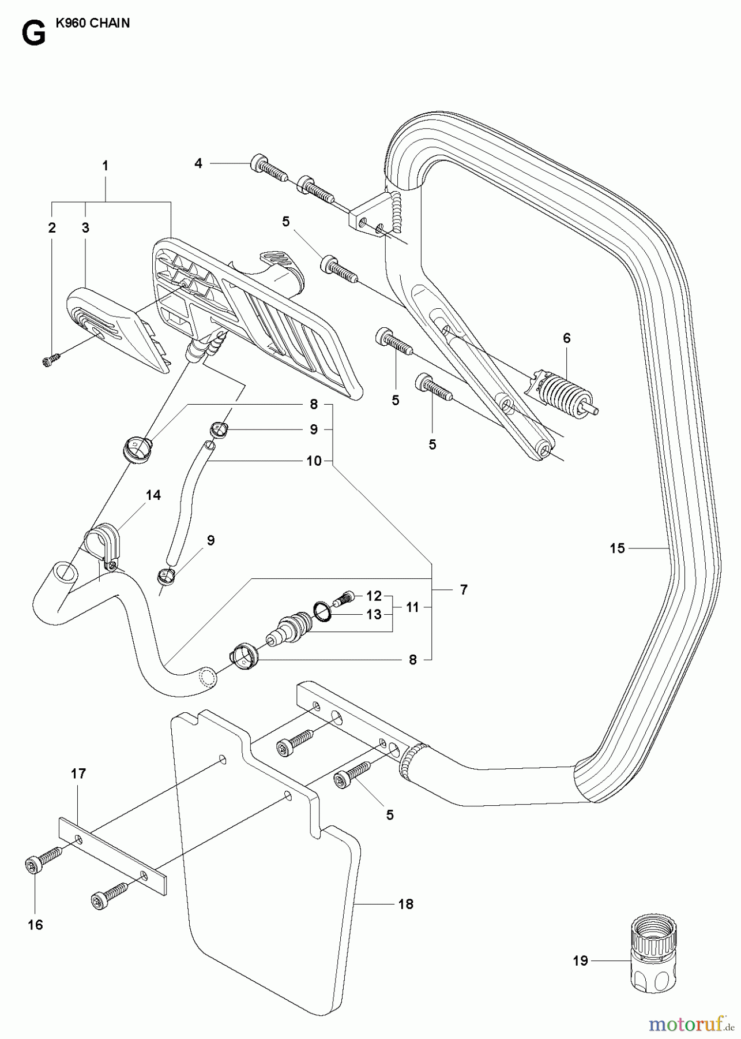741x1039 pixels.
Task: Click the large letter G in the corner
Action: [x=33, y=34]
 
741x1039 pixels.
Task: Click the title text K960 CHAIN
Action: [x=93, y=24]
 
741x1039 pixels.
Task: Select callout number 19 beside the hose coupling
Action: [x=580, y=961]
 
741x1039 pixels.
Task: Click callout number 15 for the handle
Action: [x=617, y=548]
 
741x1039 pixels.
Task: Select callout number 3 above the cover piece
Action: [x=85, y=228]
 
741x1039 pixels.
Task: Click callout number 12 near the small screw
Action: [x=374, y=595]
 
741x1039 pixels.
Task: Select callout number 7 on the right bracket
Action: [x=464, y=590]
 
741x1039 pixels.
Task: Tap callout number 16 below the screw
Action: [x=35, y=925]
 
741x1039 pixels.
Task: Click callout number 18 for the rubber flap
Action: [x=406, y=904]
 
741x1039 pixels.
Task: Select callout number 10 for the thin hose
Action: [x=314, y=461]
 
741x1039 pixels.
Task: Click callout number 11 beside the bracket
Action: [x=412, y=607]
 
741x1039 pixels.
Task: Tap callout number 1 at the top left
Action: [x=105, y=166]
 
